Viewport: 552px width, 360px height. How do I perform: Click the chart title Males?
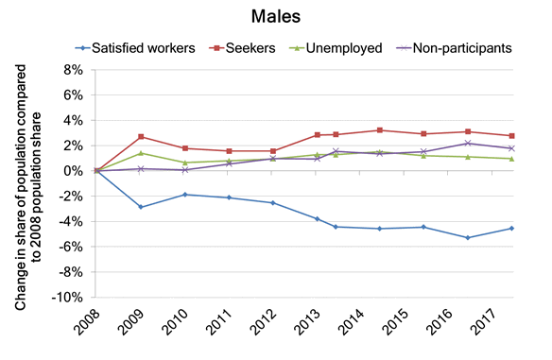[x=275, y=16]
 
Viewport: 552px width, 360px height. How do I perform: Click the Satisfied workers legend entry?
[x=138, y=45]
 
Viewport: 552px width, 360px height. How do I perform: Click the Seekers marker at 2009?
[x=141, y=137]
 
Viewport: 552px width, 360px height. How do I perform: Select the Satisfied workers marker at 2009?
[x=141, y=207]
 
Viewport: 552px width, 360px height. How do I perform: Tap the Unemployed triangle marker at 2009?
[x=141, y=153]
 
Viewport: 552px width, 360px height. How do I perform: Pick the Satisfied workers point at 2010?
[x=185, y=195]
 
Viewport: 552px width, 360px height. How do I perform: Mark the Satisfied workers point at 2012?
[x=273, y=203]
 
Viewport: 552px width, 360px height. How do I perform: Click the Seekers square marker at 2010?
[x=185, y=148]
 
